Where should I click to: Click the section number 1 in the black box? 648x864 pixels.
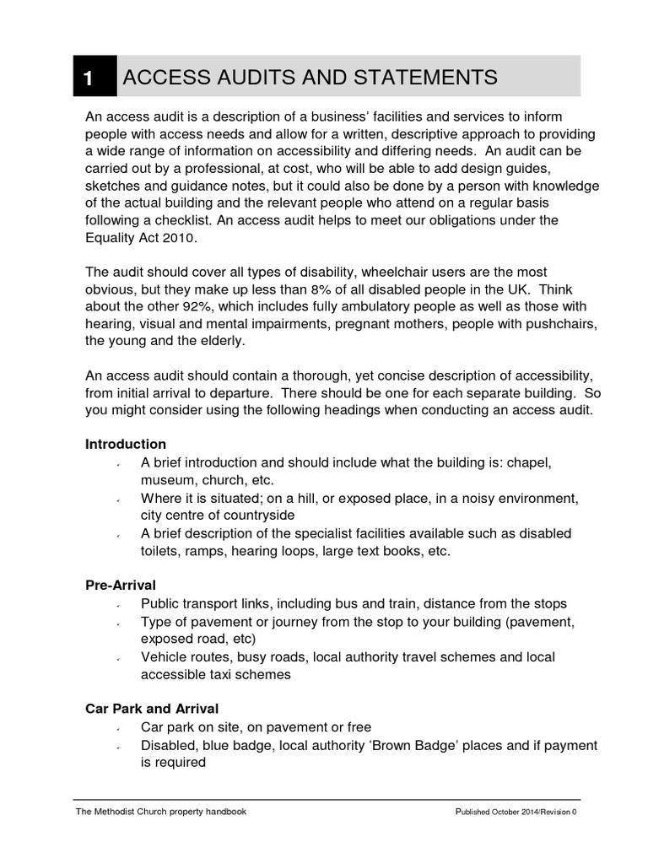[x=88, y=78]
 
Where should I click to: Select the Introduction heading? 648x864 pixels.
[x=126, y=444]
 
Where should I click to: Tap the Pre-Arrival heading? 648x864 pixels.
[x=121, y=584]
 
